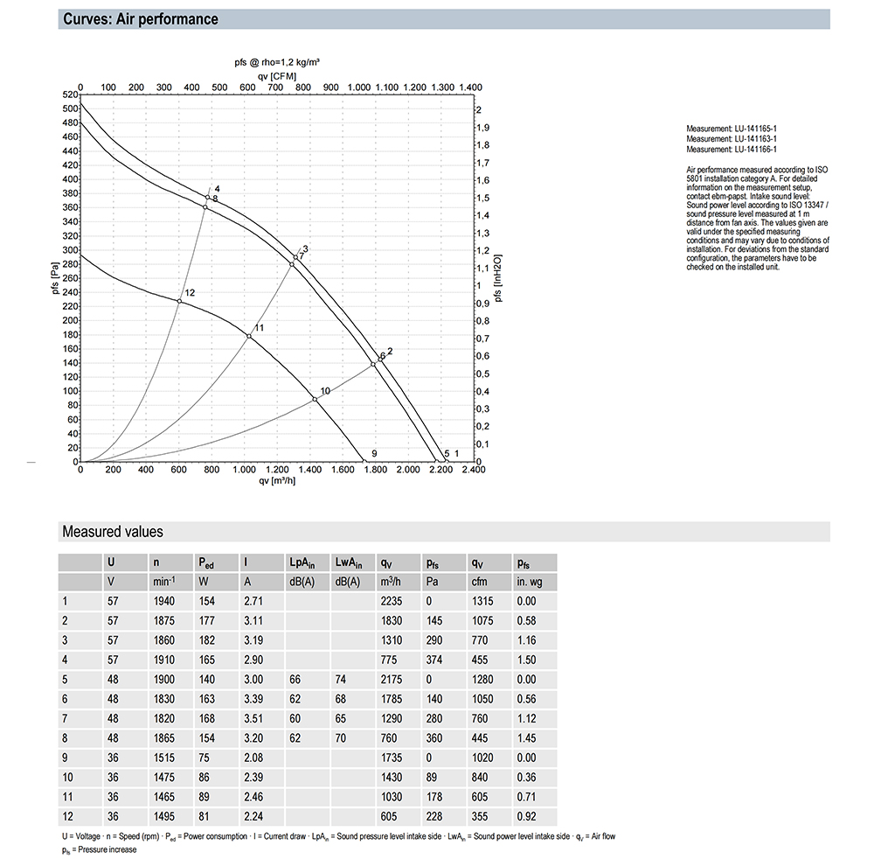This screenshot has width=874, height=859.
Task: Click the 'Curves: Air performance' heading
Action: tap(141, 19)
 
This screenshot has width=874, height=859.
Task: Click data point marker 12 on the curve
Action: tap(179, 301)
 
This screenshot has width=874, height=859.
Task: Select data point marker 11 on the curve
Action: tap(249, 336)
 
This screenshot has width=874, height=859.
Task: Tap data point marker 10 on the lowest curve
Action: tap(316, 400)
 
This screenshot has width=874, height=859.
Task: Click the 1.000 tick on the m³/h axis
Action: tap(244, 471)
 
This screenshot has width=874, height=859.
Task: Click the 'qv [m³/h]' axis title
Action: tap(276, 480)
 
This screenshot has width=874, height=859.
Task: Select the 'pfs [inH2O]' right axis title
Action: tap(499, 276)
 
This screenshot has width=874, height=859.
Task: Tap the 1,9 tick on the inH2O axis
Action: tap(482, 128)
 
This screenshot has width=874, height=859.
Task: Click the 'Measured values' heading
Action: tap(112, 532)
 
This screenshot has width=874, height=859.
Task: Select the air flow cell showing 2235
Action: tap(392, 601)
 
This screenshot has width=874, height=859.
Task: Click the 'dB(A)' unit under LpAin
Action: tap(302, 581)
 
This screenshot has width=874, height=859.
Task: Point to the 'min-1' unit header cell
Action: tap(164, 581)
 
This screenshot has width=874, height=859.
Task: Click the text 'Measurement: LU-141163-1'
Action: tap(732, 138)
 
